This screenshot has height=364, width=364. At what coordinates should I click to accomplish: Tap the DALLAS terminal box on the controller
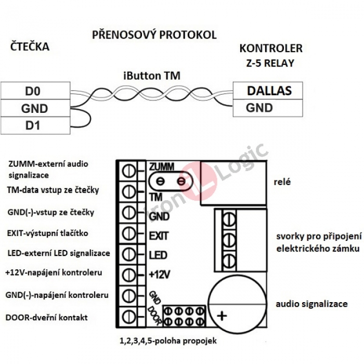pyautogui.click(x=269, y=90)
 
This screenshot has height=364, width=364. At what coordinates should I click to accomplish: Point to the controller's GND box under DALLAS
pyautogui.click(x=269, y=108)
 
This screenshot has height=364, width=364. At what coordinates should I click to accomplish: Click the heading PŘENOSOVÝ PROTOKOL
pyautogui.click(x=154, y=35)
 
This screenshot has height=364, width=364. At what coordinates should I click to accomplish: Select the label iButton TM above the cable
pyautogui.click(x=152, y=75)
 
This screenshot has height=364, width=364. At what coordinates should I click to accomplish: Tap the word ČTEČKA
pyautogui.click(x=30, y=47)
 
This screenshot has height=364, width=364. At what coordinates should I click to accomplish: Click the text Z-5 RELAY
pyautogui.click(x=270, y=64)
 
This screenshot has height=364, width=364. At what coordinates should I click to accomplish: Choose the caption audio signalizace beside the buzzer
pyautogui.click(x=311, y=304)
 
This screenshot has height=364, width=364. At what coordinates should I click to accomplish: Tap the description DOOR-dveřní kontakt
pyautogui.click(x=47, y=317)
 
